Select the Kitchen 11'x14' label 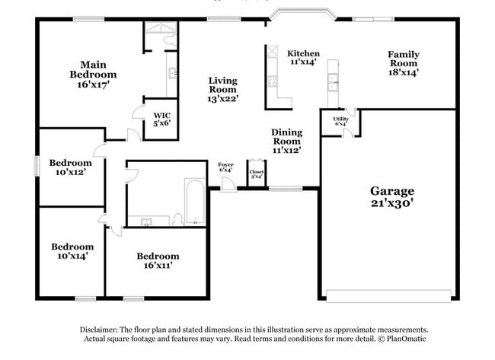[x=303, y=58]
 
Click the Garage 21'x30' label [x=392, y=196]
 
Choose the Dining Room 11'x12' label [x=286, y=141]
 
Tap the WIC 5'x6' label [x=161, y=116]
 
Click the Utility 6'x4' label [x=340, y=121]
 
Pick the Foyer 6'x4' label [x=225, y=167]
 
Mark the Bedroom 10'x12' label [x=70, y=167]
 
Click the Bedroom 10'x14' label [x=72, y=251]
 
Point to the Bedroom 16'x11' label [x=158, y=261]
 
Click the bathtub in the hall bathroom [x=194, y=202]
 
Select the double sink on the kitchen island [x=333, y=79]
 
